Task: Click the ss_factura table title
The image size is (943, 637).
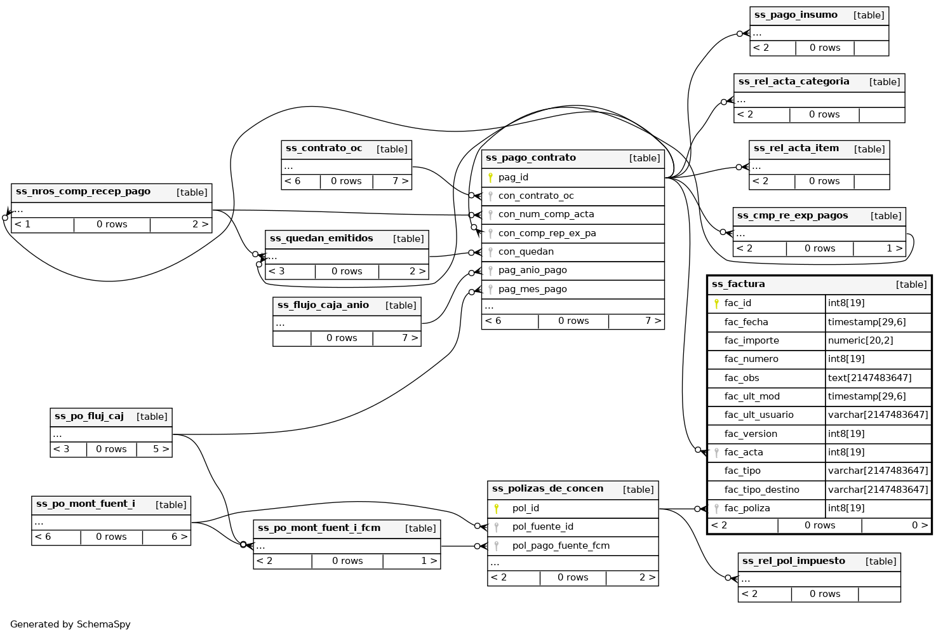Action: (738, 285)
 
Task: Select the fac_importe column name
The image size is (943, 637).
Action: (751, 340)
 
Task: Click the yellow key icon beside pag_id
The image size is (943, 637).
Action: (490, 178)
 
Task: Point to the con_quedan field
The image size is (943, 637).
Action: (526, 251)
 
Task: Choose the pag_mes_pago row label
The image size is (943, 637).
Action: (532, 289)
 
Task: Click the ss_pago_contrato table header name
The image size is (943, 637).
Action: (530, 158)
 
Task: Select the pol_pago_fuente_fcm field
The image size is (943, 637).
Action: (561, 546)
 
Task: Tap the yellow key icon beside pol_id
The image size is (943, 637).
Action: (497, 508)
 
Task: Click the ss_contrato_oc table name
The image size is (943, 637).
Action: (324, 149)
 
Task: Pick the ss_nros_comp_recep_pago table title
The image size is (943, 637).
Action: (83, 192)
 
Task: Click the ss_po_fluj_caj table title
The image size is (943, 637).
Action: (89, 417)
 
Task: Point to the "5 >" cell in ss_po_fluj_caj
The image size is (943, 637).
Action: (161, 449)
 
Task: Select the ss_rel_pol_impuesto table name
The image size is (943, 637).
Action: (793, 561)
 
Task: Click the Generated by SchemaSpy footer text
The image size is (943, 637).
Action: (70, 624)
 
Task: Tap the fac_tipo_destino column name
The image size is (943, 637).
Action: (761, 490)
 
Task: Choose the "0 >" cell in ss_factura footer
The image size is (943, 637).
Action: (919, 525)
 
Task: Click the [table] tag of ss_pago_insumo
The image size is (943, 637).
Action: (868, 15)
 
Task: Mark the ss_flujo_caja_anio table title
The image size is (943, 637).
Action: (323, 305)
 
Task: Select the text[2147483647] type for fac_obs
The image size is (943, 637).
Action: (869, 378)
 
